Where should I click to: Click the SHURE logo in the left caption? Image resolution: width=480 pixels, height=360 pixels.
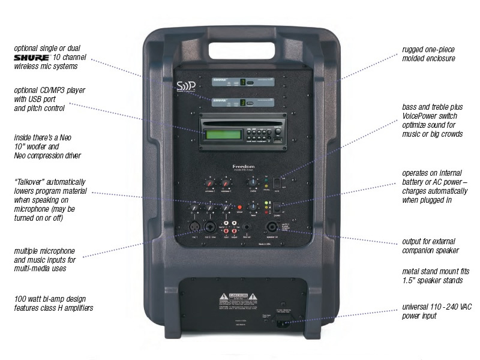(x=32, y=57)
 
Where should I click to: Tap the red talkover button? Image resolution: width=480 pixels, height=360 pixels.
(x=239, y=206)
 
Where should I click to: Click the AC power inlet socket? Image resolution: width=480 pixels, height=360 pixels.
(x=279, y=325)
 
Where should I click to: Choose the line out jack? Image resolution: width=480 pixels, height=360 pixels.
(x=246, y=228)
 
